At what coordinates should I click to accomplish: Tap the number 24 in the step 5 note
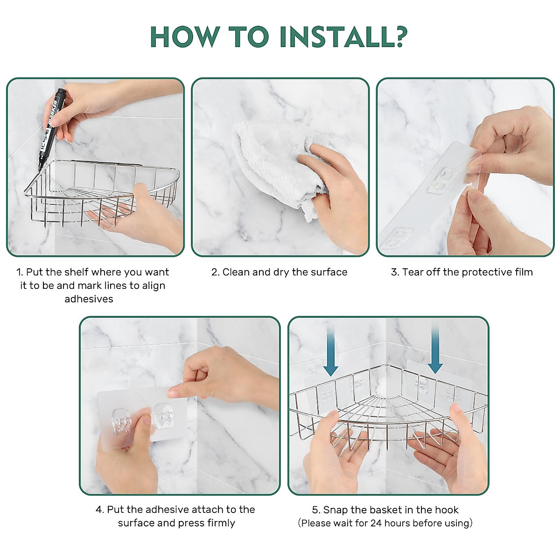click(376, 523)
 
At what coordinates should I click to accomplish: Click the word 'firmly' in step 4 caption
click(221, 523)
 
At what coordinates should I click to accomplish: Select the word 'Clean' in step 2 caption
click(236, 272)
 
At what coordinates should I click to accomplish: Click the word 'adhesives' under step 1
click(89, 299)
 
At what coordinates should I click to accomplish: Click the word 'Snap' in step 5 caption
click(336, 510)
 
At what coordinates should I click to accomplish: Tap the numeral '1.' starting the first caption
click(20, 272)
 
